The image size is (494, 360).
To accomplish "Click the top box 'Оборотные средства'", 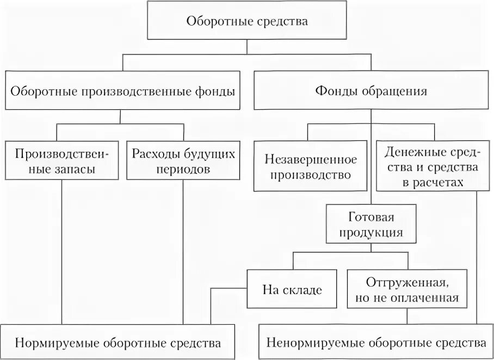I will click(x=247, y=22).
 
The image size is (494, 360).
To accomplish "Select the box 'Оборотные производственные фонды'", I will click(x=122, y=91).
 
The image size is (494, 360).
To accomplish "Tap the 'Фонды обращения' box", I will click(x=371, y=91).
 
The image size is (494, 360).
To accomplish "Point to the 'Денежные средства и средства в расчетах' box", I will click(x=434, y=167).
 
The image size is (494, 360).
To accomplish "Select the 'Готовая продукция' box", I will click(x=371, y=225).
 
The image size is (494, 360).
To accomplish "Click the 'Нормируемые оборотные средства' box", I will click(x=118, y=343).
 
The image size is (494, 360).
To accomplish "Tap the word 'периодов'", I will click(x=183, y=169).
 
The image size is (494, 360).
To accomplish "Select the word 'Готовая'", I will click(x=371, y=218).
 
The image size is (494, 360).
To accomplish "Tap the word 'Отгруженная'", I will click(x=406, y=283).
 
